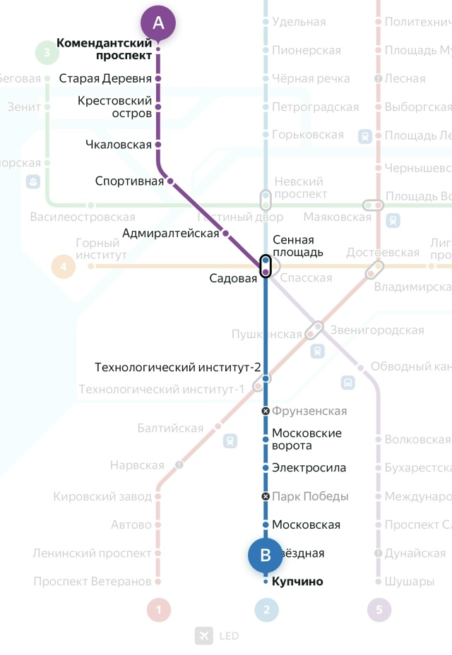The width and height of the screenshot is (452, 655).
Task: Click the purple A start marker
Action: coord(158,23)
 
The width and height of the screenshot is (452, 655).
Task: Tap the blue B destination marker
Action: coord(266,555)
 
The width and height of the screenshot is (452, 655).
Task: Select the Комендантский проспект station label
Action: coord(105,49)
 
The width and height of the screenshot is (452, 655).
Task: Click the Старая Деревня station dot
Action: coord(158,78)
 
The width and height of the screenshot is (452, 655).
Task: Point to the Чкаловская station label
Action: coord(124,145)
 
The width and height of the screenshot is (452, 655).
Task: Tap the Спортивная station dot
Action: coord(170,181)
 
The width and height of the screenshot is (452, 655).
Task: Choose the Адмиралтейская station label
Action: coord(171,233)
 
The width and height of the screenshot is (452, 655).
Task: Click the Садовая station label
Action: coord(233,278)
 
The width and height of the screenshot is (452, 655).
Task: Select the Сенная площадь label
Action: coord(297,246)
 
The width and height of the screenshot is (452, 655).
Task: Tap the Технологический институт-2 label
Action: coord(178,368)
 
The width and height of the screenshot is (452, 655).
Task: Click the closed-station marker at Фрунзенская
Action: coord(266,411)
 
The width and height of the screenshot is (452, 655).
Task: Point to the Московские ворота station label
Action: coord(307,439)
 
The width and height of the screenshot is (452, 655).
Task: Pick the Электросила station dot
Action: coord(266,468)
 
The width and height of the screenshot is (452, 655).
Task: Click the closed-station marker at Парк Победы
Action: coord(266,496)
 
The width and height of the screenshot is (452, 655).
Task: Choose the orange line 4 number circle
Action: coord(64,267)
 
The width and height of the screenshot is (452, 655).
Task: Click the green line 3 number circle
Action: coord(47,52)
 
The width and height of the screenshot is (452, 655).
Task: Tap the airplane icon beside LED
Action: coord(204,636)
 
